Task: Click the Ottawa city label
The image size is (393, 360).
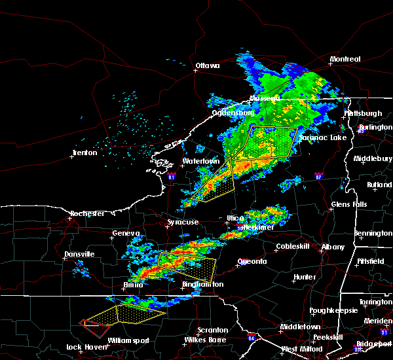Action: click(x=208, y=65)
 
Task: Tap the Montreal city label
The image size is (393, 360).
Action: click(x=345, y=60)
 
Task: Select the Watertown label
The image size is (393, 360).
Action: click(x=200, y=161)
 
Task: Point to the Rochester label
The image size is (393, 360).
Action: click(x=87, y=214)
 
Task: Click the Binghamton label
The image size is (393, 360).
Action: click(x=202, y=285)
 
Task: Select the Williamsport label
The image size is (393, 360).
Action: click(x=128, y=340)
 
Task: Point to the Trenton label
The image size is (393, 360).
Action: click(x=84, y=153)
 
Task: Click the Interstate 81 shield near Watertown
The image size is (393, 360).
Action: click(x=171, y=176)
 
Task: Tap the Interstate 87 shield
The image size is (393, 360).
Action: click(x=318, y=175)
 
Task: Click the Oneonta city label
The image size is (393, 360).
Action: click(x=252, y=262)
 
